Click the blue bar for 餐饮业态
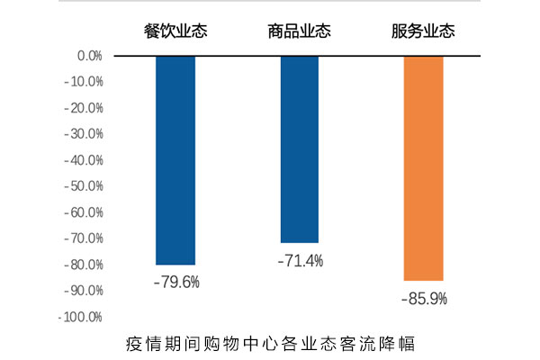click(175, 159)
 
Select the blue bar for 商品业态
click(300, 149)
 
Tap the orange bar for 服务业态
click(423, 168)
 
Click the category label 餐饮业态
click(175, 31)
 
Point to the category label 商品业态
click(300, 31)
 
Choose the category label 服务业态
click(423, 31)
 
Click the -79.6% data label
click(176, 282)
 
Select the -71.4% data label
click(300, 261)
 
